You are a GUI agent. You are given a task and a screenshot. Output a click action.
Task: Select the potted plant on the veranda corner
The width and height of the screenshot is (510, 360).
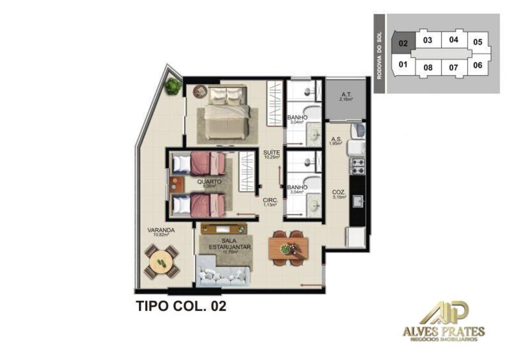pyautogui.click(x=173, y=87)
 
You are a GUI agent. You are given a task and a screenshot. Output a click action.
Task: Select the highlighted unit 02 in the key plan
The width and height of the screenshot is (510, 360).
pyautogui.click(x=403, y=44)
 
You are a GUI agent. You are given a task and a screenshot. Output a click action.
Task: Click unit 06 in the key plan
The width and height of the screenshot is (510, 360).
pyautogui.click(x=477, y=65)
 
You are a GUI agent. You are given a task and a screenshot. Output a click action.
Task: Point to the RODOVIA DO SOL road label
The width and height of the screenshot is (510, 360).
pyautogui.click(x=379, y=54)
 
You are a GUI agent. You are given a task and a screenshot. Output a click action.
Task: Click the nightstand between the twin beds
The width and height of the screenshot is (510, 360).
pyautogui.click(x=176, y=183)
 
